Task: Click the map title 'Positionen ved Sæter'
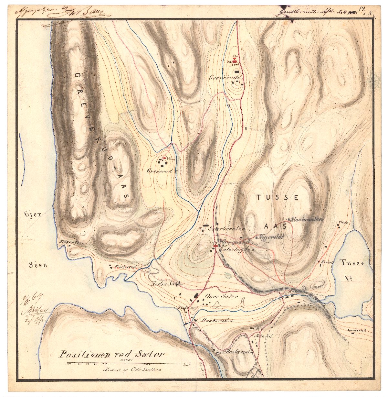coord(111,354)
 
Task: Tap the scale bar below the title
coord(126,364)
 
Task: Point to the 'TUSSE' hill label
coord(278,197)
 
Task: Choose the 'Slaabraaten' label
coord(307,219)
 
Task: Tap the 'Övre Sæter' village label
coord(222,296)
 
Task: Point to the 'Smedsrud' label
coord(356,330)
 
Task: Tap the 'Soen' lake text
coord(38,265)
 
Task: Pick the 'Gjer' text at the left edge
coord(32,214)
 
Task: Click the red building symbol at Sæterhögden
coord(215,246)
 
